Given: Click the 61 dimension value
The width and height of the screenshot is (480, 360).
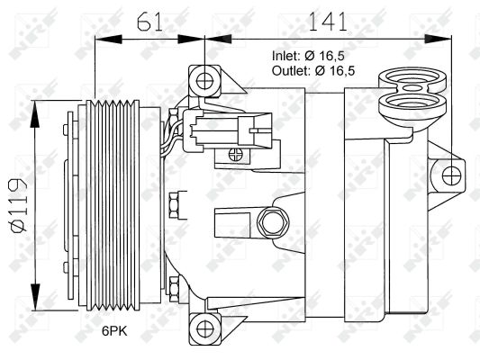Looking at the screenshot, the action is tap(149, 22).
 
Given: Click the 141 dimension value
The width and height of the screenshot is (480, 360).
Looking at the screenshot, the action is tap(328, 22).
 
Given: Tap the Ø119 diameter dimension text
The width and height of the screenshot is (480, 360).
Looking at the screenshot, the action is tap(19, 205).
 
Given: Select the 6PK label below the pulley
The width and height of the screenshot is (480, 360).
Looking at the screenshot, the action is tap(114, 330).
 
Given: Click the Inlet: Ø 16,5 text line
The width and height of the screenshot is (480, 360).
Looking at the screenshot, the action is tap(308, 56).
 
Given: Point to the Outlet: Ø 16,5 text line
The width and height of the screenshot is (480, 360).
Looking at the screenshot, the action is tap(313, 71).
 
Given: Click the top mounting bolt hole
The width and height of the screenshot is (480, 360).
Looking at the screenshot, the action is tap(204, 81).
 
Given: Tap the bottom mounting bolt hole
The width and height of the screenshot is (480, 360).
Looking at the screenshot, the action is tap(204, 328).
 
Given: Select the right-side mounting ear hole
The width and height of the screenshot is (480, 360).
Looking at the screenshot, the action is tap(451, 176).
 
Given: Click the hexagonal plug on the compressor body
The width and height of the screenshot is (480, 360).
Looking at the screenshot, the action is tap(273, 222).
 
